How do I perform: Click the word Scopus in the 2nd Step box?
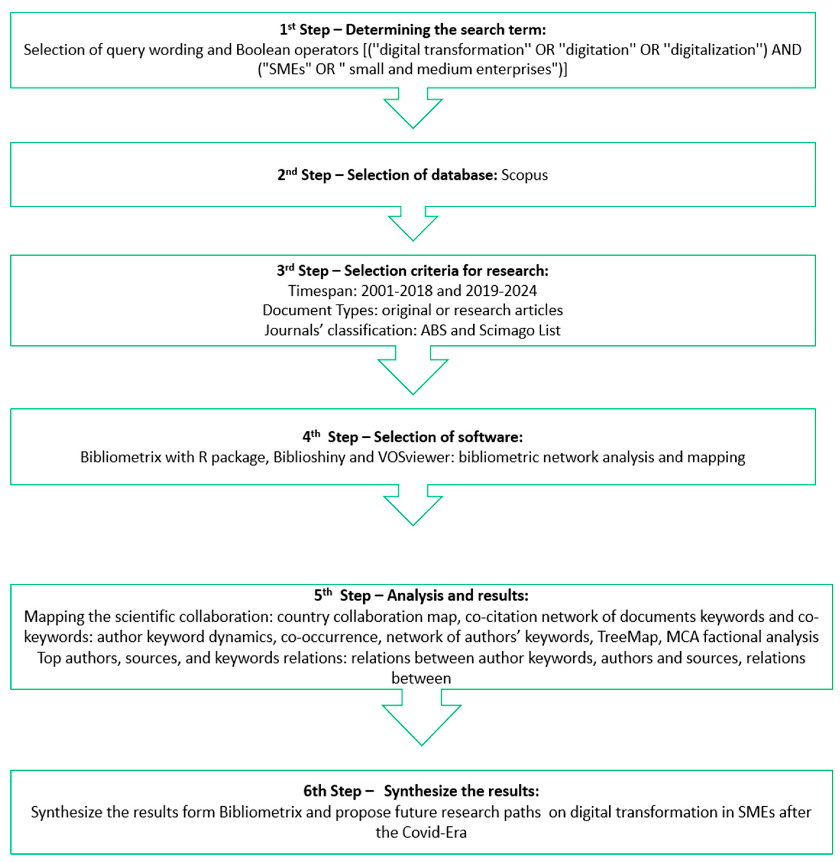(524, 175)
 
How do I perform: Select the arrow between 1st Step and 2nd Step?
(413, 108)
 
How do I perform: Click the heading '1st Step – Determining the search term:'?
(412, 30)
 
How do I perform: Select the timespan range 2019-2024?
(501, 291)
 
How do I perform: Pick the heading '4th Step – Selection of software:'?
(412, 437)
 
